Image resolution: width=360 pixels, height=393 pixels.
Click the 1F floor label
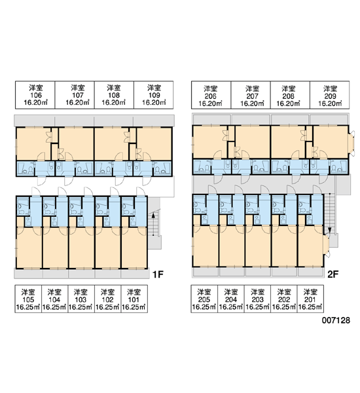(158, 274)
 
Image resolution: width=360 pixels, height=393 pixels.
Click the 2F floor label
(333, 274)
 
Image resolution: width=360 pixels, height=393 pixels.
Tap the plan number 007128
(336, 320)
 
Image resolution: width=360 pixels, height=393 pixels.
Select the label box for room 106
(35, 95)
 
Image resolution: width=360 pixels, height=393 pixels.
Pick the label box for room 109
(154, 95)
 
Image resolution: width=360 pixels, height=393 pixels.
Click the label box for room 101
(134, 299)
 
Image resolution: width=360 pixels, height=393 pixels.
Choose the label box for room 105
(28, 299)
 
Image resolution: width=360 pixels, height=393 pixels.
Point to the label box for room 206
(211, 95)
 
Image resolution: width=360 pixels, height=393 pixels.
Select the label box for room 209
(330, 95)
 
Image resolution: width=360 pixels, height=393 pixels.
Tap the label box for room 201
(310, 299)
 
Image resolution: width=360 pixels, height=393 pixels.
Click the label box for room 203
(257, 299)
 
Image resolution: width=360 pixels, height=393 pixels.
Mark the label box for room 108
(114, 95)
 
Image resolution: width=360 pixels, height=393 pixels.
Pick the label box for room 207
(251, 95)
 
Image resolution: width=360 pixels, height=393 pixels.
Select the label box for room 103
(81, 299)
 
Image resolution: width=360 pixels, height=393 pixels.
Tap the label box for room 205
(204, 299)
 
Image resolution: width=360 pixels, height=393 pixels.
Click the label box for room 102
(108, 299)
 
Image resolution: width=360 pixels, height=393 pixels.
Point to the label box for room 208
(290, 95)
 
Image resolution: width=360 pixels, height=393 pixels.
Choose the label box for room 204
(231, 299)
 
